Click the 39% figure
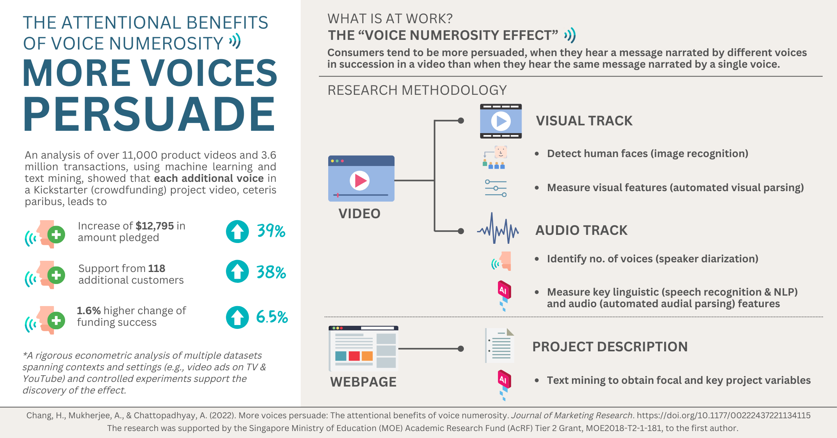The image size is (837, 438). pyautogui.click(x=271, y=231)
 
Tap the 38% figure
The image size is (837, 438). pyautogui.click(x=271, y=272)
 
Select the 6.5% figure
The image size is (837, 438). pyautogui.click(x=272, y=317)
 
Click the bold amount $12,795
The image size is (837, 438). pyautogui.click(x=155, y=226)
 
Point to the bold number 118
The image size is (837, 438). pyautogui.click(x=157, y=268)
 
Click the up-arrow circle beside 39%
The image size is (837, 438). pyautogui.click(x=237, y=231)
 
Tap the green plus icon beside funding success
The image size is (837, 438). pyautogui.click(x=57, y=320)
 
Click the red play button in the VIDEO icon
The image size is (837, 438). pyautogui.click(x=360, y=181)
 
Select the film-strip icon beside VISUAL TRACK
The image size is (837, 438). pyautogui.click(x=501, y=121)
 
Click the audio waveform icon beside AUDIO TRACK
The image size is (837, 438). pyautogui.click(x=498, y=228)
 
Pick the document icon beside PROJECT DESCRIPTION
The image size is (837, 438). pyautogui.click(x=500, y=346)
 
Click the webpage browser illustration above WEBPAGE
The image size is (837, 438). pyautogui.click(x=363, y=349)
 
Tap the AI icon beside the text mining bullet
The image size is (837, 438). pyautogui.click(x=504, y=385)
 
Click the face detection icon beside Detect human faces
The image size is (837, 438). pyautogui.click(x=495, y=157)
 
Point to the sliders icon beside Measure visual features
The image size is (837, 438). pyautogui.click(x=496, y=188)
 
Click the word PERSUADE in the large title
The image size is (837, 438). pyautogui.click(x=149, y=114)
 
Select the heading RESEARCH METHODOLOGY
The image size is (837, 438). pyautogui.click(x=417, y=90)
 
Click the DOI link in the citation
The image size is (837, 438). pyautogui.click(x=723, y=415)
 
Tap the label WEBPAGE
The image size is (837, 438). pyautogui.click(x=363, y=382)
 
